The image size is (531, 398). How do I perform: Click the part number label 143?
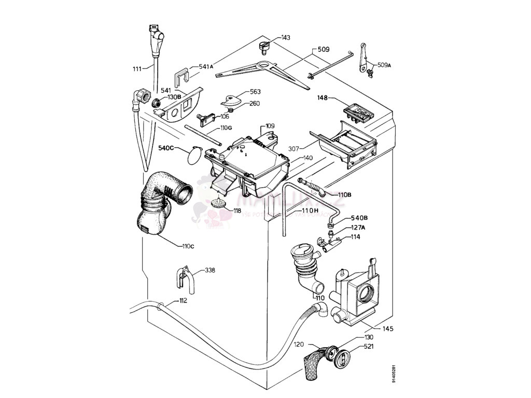click(286, 38)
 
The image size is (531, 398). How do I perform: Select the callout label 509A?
click(384, 65)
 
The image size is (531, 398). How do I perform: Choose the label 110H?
click(309, 210)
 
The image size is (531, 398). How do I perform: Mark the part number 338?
click(210, 271)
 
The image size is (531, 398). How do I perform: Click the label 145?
click(388, 329)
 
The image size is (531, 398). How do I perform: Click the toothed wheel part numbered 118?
click(220, 202)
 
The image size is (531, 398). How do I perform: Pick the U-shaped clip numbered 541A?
click(180, 76)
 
